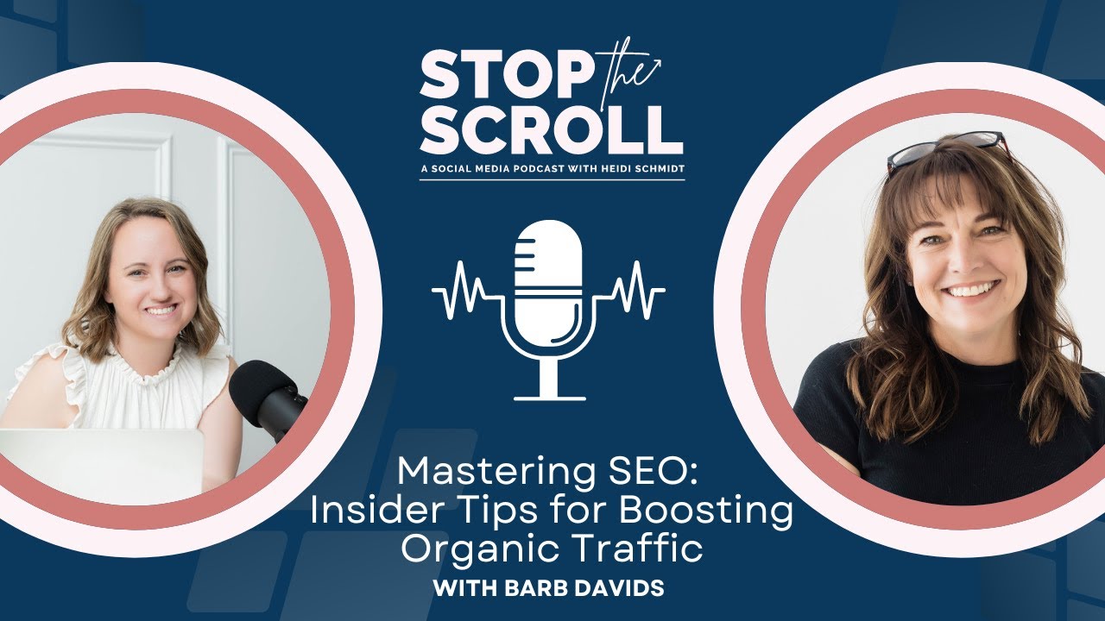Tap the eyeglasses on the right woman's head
(946, 147)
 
